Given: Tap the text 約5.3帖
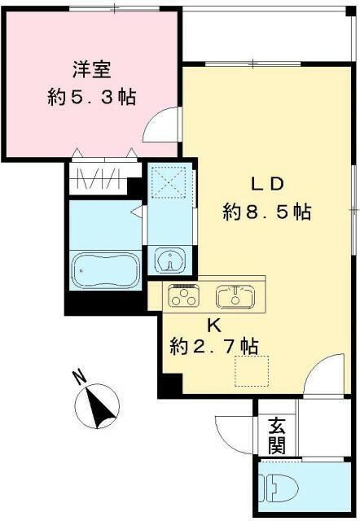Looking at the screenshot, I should [90, 98].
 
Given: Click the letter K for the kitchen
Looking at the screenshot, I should [213, 325].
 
